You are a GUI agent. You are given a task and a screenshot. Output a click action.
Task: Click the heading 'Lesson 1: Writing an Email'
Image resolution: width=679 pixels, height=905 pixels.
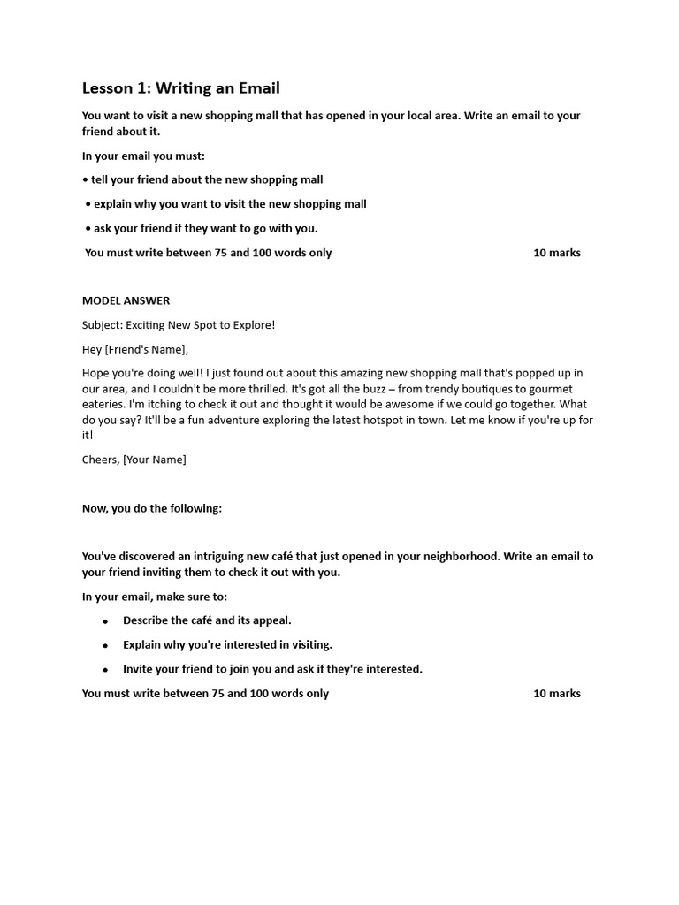[x=180, y=87]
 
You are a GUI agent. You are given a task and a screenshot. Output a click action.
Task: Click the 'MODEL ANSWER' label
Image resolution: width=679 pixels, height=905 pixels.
[x=126, y=300]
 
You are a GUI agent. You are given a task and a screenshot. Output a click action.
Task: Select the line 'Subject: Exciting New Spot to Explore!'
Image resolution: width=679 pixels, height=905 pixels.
[x=179, y=325]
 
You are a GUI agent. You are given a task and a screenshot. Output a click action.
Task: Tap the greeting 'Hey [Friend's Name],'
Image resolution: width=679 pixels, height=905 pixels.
[x=135, y=349]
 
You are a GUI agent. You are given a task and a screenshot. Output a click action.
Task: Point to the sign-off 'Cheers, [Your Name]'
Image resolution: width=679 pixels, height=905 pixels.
[x=134, y=460]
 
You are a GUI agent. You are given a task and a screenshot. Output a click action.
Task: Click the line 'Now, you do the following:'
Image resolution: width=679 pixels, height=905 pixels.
[x=152, y=508]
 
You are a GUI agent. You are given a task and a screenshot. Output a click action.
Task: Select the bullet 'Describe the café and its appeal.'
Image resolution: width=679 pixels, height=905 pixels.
[x=207, y=620]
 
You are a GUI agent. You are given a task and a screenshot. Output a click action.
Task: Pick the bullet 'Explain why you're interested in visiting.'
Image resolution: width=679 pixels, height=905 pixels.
[x=227, y=644]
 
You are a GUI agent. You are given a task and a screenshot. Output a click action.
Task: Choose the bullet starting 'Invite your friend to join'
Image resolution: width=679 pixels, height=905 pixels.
[x=272, y=669]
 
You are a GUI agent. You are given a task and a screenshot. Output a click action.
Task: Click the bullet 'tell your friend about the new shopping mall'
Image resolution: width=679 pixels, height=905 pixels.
[x=207, y=179]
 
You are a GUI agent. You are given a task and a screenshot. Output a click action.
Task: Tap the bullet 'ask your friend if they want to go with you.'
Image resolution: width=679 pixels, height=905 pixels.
[x=205, y=228]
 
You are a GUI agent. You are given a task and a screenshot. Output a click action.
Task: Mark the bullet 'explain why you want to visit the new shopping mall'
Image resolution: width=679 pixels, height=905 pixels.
[x=230, y=204]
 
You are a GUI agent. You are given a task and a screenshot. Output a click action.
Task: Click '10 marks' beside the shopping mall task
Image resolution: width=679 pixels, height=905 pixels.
[x=557, y=253]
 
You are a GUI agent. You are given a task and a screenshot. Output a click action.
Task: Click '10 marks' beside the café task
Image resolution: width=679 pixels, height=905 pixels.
[x=557, y=694]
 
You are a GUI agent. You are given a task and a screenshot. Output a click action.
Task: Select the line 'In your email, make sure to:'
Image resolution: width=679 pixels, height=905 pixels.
[x=155, y=597]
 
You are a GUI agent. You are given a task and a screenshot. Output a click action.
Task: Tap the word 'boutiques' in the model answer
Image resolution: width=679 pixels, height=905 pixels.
[x=484, y=389]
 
